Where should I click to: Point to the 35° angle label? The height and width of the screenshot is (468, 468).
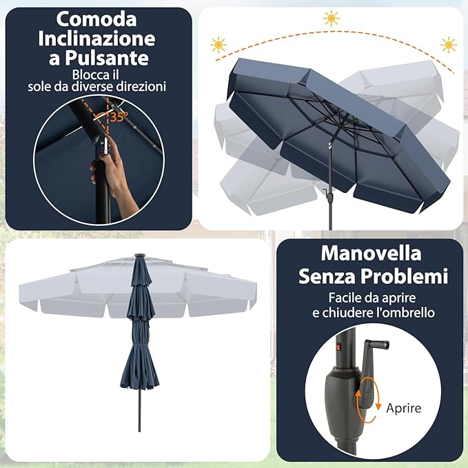[117, 116]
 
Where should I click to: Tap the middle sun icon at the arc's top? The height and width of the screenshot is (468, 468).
[332, 19]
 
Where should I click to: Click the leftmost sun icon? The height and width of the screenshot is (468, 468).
[218, 45]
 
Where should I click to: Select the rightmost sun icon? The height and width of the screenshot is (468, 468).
[449, 45]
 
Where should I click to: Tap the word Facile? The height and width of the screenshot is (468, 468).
[328, 298]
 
